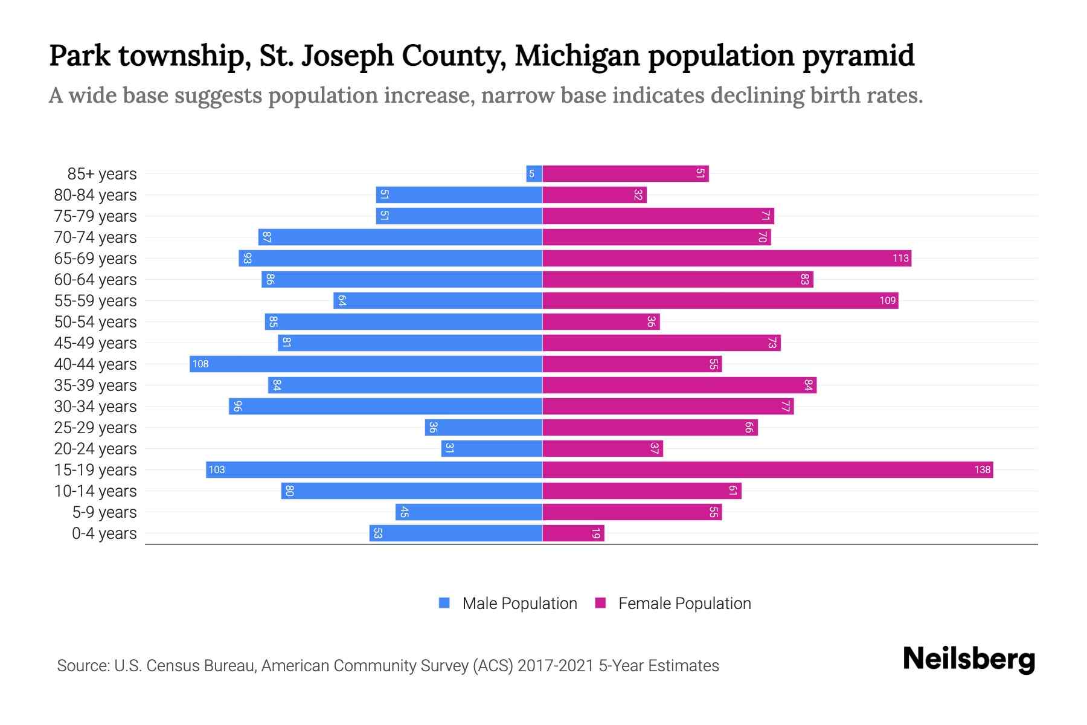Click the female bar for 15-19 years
(x=767, y=469)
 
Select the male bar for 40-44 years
(x=366, y=364)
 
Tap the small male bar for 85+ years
(x=534, y=174)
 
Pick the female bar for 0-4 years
(x=572, y=533)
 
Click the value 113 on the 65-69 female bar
(x=900, y=259)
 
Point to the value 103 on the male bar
(x=217, y=470)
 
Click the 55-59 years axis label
(x=95, y=301)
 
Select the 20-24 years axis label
(x=95, y=449)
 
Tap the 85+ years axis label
(x=102, y=174)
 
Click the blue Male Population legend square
(x=444, y=603)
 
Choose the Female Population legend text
(x=684, y=604)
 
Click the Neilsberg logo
(x=969, y=659)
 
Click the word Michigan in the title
(x=577, y=56)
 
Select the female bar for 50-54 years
(x=601, y=322)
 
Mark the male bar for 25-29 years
(x=483, y=428)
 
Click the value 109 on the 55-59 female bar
(x=887, y=301)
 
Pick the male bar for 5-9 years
(x=469, y=512)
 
